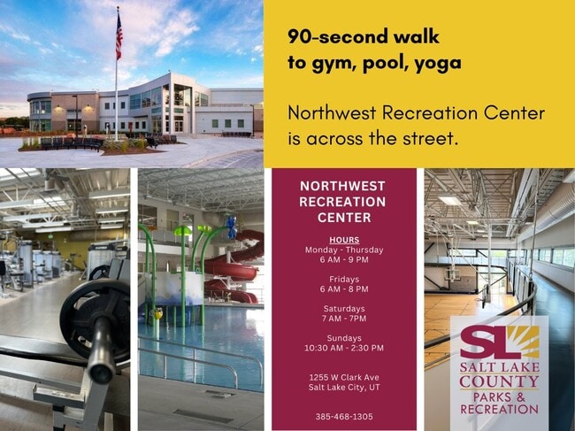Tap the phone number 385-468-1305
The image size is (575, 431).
click(344, 417)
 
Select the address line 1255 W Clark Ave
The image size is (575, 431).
click(344, 377)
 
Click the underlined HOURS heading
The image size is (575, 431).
click(344, 240)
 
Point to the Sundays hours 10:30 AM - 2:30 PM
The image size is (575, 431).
click(344, 348)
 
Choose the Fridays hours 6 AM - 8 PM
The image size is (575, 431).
click(344, 289)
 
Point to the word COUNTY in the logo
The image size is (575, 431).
click(499, 381)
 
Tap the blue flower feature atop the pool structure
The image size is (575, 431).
click(231, 227)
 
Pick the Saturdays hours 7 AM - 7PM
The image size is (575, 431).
click(344, 319)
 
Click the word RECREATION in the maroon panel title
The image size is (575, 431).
click(342, 202)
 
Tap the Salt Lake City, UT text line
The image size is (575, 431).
click(344, 387)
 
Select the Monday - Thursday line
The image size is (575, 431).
click(344, 250)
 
